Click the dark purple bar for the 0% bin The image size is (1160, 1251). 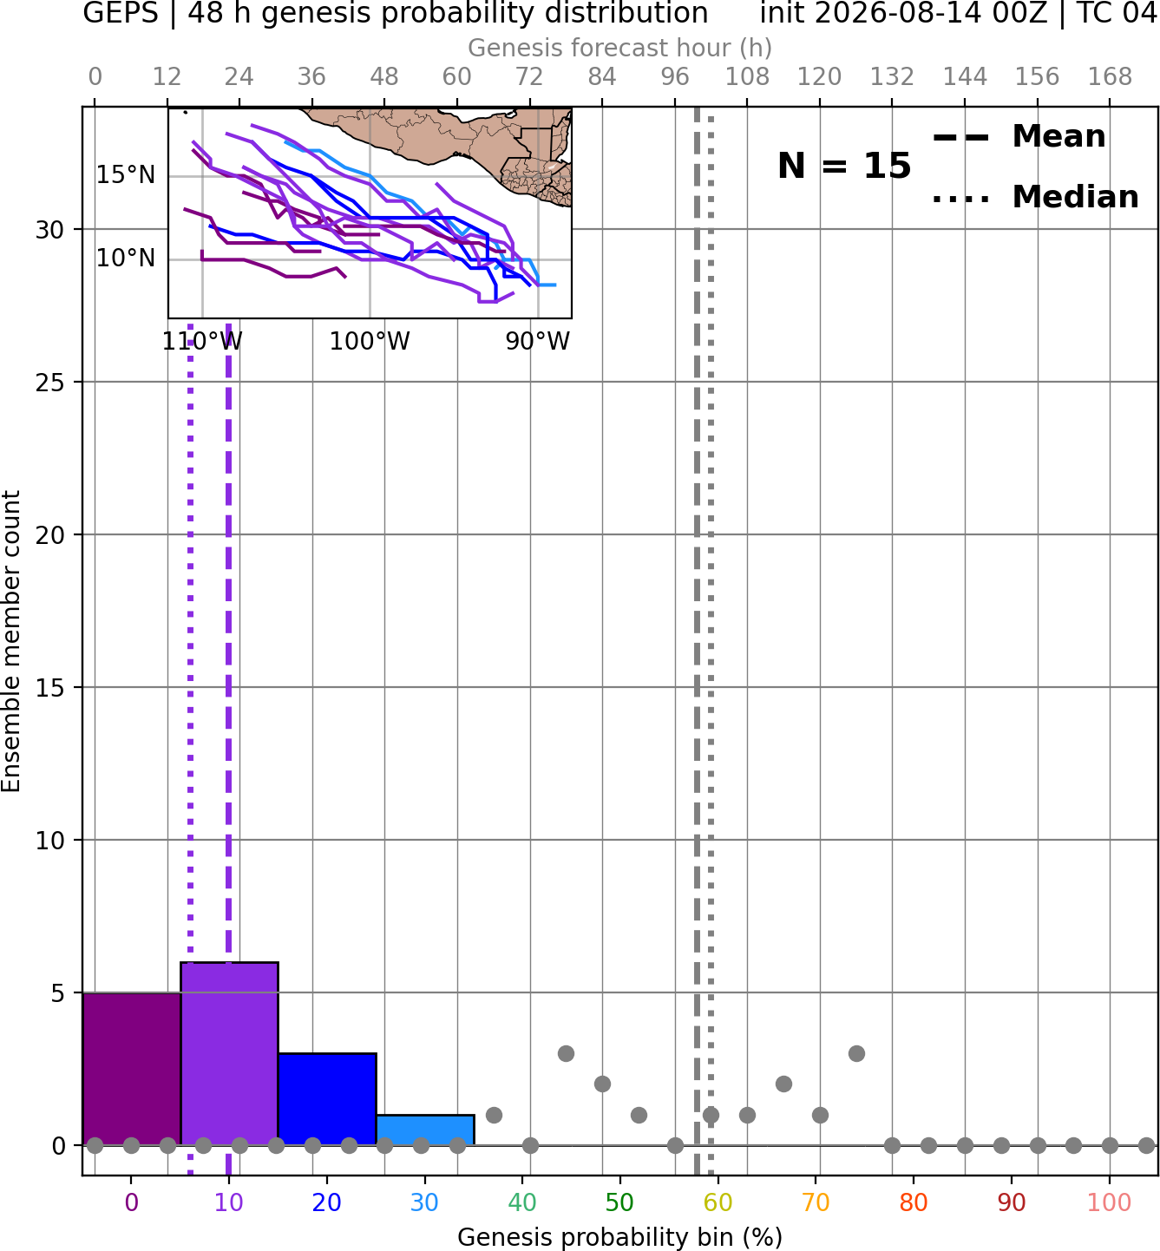(132, 1069)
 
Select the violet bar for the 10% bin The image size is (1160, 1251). (229, 1053)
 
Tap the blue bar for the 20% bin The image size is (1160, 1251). (327, 1099)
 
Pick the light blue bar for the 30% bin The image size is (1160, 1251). (425, 1130)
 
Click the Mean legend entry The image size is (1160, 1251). (1019, 137)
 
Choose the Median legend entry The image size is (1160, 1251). (1036, 197)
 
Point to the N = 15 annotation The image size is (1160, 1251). (844, 166)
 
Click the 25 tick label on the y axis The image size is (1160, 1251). (49, 383)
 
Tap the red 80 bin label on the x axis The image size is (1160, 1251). (913, 1202)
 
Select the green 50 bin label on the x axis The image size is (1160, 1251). (619, 1202)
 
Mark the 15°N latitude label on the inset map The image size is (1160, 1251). (126, 174)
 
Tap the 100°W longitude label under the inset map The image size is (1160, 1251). (370, 342)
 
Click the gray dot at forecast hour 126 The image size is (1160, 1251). (856, 1053)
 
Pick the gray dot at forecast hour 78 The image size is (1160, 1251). (566, 1053)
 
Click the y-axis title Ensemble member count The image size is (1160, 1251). (11, 641)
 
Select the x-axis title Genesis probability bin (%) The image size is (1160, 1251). (619, 1237)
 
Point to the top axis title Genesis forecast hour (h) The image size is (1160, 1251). (619, 48)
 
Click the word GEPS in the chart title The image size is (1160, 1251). (121, 13)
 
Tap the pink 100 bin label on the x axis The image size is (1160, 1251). (1109, 1202)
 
